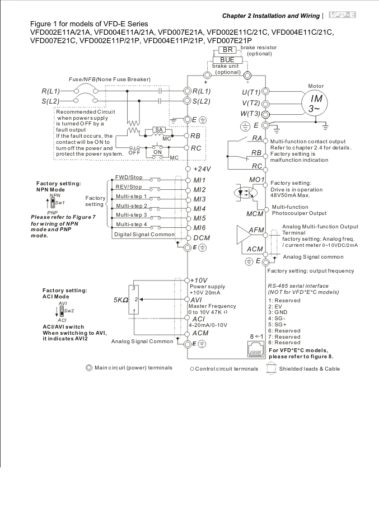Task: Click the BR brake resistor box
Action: pos(228,50)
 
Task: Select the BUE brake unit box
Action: pos(227,60)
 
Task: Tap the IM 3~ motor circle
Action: pos(316,102)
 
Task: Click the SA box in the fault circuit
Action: pos(159,130)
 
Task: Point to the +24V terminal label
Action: pos(202,169)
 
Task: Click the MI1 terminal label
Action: pos(199,180)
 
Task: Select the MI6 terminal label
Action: pos(199,228)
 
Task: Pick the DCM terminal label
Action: pos(202,238)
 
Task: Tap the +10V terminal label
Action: pos(199,280)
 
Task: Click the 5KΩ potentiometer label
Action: pos(121,300)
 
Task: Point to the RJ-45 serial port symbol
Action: pos(256,349)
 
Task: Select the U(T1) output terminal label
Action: pos(251,92)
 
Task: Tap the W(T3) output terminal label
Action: pos(250,114)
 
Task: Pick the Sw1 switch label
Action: pos(60,203)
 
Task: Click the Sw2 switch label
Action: pos(69,311)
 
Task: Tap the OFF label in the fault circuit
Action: pos(134,153)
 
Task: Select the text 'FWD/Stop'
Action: pos(129,177)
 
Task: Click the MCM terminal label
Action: pos(255,214)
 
